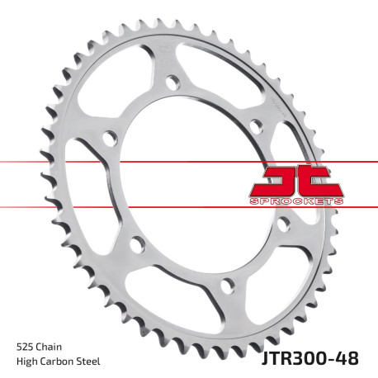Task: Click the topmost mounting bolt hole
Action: (x=172, y=82)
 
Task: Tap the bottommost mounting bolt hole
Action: (x=225, y=286)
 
